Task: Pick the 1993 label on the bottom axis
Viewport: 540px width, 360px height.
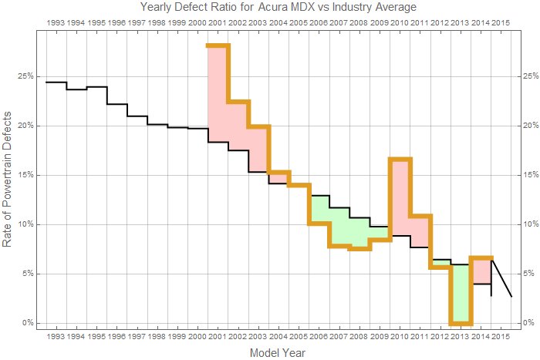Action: (56, 337)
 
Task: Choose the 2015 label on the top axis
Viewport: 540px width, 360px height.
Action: (501, 22)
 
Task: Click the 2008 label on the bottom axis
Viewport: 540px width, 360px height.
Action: (359, 337)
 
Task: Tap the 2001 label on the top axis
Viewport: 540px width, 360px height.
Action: (218, 22)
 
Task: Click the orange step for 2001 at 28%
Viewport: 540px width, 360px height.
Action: (218, 46)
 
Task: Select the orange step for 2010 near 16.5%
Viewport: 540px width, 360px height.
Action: (400, 159)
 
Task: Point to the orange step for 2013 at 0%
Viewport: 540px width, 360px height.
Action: (461, 323)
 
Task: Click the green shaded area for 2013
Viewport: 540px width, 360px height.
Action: (461, 294)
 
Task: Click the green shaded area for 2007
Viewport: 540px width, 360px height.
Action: (339, 227)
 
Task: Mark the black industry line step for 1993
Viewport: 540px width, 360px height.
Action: (56, 82)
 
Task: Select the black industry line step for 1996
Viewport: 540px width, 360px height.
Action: (116, 103)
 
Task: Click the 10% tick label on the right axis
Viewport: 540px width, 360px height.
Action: (529, 224)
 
